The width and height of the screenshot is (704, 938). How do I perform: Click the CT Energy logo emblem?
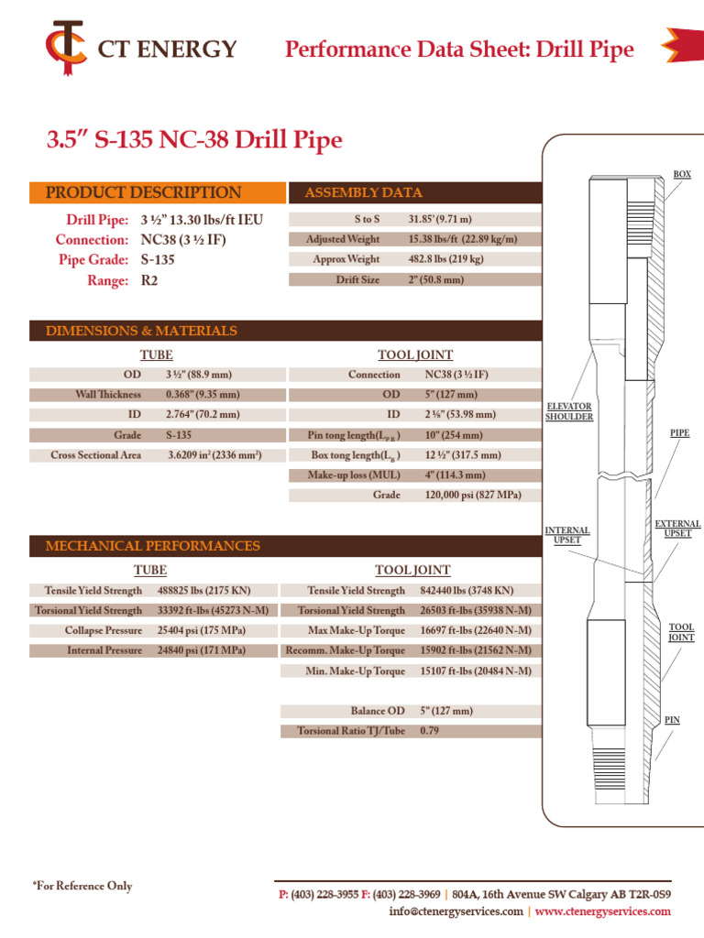click(66, 48)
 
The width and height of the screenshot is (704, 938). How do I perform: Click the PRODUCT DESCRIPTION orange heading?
click(144, 192)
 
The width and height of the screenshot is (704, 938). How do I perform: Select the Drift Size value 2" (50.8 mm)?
click(435, 279)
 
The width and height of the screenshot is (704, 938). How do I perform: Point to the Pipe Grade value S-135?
click(158, 259)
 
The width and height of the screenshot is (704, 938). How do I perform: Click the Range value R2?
click(149, 280)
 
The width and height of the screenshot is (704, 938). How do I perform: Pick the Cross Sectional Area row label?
click(95, 455)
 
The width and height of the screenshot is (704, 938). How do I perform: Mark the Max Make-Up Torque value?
click(476, 630)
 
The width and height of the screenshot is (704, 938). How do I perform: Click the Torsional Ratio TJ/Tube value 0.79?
click(429, 731)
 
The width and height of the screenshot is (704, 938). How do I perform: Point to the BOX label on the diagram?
click(682, 174)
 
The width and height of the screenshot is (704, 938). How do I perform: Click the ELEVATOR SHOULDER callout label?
click(568, 411)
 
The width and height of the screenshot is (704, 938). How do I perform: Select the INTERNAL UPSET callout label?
click(566, 535)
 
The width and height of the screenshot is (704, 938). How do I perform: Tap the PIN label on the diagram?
click(672, 720)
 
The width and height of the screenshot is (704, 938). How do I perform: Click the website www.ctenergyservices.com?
click(602, 911)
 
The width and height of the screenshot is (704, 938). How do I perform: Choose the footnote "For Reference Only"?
click(82, 886)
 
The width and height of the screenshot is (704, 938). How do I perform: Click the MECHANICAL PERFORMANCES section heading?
click(153, 546)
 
